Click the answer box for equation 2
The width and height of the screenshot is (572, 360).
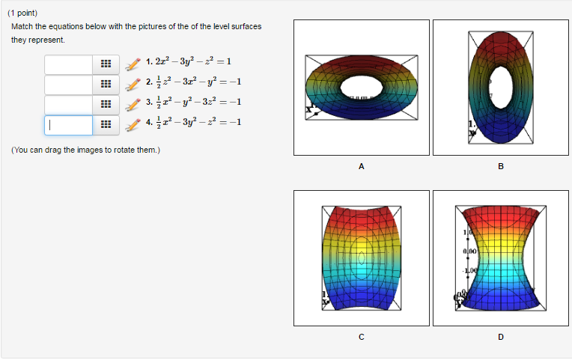(x=68, y=84)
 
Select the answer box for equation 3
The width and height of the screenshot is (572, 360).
(x=68, y=104)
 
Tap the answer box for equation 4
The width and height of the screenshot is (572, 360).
(x=68, y=124)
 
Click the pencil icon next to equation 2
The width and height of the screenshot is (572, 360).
(x=133, y=84)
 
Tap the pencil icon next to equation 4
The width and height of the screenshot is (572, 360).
(x=133, y=124)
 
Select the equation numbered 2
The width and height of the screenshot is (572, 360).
(x=193, y=82)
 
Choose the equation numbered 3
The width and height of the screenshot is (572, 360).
(x=193, y=103)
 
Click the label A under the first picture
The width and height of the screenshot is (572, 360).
(x=362, y=166)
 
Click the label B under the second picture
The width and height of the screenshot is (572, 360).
(x=501, y=166)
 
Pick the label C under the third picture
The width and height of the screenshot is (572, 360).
(x=362, y=337)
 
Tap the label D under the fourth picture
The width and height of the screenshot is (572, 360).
(x=501, y=337)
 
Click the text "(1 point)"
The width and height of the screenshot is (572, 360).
(x=22, y=13)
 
